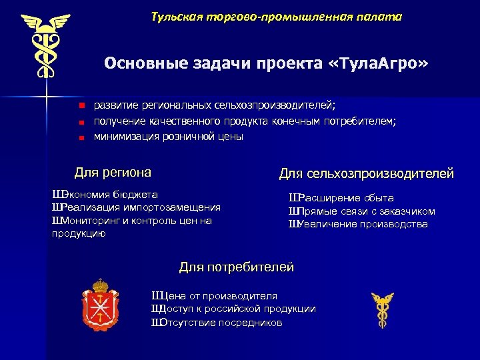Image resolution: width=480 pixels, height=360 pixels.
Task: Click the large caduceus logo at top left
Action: coord(46,47)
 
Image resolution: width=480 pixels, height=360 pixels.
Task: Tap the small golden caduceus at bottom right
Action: coord(382,311)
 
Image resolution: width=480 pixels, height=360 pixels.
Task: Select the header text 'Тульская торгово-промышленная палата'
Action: coord(276,16)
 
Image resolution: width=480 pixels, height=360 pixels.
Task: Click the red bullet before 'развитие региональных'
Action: coord(79,105)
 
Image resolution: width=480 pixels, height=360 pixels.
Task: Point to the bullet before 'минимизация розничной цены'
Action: coord(79,137)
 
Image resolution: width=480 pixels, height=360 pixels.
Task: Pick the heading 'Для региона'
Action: coord(113,172)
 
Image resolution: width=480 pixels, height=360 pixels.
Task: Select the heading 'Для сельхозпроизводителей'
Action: coord(366,174)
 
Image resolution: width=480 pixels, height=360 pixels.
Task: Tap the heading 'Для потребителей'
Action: coord(236,267)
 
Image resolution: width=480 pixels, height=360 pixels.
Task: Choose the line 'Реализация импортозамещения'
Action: coord(136,207)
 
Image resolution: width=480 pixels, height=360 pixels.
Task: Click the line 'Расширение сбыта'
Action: coord(341,198)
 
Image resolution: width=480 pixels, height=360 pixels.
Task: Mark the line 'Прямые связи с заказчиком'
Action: coord(362,211)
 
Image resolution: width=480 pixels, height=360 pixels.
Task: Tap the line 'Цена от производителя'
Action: coord(215,296)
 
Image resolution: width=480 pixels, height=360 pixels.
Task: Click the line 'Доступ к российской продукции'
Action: coord(234,309)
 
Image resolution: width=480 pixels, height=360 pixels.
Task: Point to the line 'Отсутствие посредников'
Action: coord(217,322)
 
